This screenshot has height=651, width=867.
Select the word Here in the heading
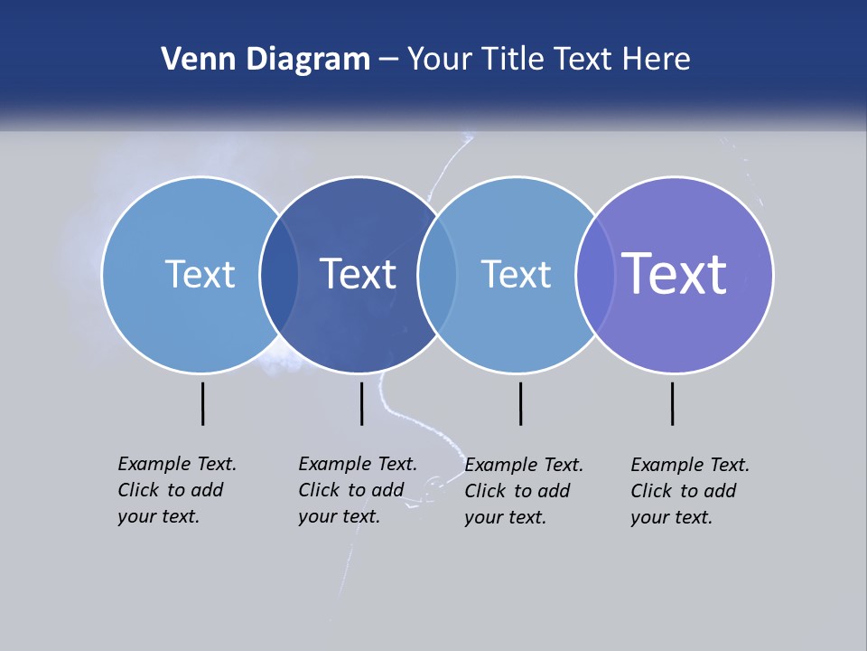(656, 60)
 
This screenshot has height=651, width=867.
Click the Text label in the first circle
(200, 274)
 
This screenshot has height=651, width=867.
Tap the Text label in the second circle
(358, 274)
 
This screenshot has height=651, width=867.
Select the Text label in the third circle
(516, 274)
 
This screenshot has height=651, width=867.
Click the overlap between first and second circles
(279, 275)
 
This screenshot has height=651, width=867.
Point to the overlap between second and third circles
(437, 275)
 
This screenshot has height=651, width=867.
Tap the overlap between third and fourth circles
(595, 275)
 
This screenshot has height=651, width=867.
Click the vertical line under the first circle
(202, 403)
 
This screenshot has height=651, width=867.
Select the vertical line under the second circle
(361, 403)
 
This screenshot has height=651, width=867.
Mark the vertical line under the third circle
(520, 403)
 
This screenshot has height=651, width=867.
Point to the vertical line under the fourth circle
(672, 403)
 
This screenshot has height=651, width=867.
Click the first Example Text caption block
(176, 490)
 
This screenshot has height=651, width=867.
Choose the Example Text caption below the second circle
(357, 490)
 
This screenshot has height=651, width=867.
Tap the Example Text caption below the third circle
(523, 491)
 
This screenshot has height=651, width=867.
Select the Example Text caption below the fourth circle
(689, 491)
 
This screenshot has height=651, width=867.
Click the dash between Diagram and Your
(388, 61)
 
